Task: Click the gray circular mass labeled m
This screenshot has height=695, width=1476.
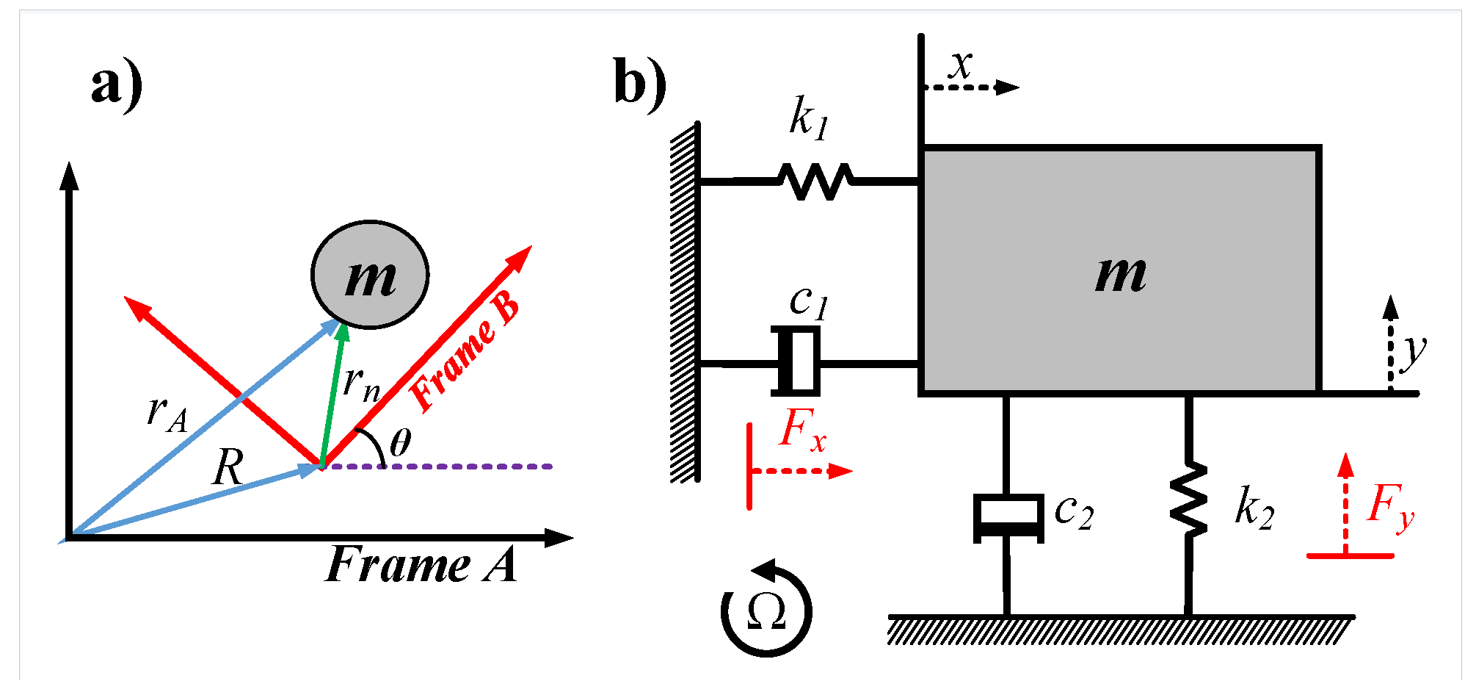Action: (370, 275)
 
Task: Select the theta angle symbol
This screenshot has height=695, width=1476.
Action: (400, 443)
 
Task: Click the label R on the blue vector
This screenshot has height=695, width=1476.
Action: (228, 467)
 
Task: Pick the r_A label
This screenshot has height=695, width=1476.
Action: (167, 413)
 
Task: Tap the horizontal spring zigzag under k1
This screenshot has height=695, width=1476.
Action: (815, 181)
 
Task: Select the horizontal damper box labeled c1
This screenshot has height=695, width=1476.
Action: (796, 362)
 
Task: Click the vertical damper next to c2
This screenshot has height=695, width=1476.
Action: (1008, 517)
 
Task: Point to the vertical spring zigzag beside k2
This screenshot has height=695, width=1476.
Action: (1188, 500)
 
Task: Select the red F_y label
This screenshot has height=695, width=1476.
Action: (1390, 506)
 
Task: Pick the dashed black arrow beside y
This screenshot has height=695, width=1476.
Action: (1390, 342)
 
